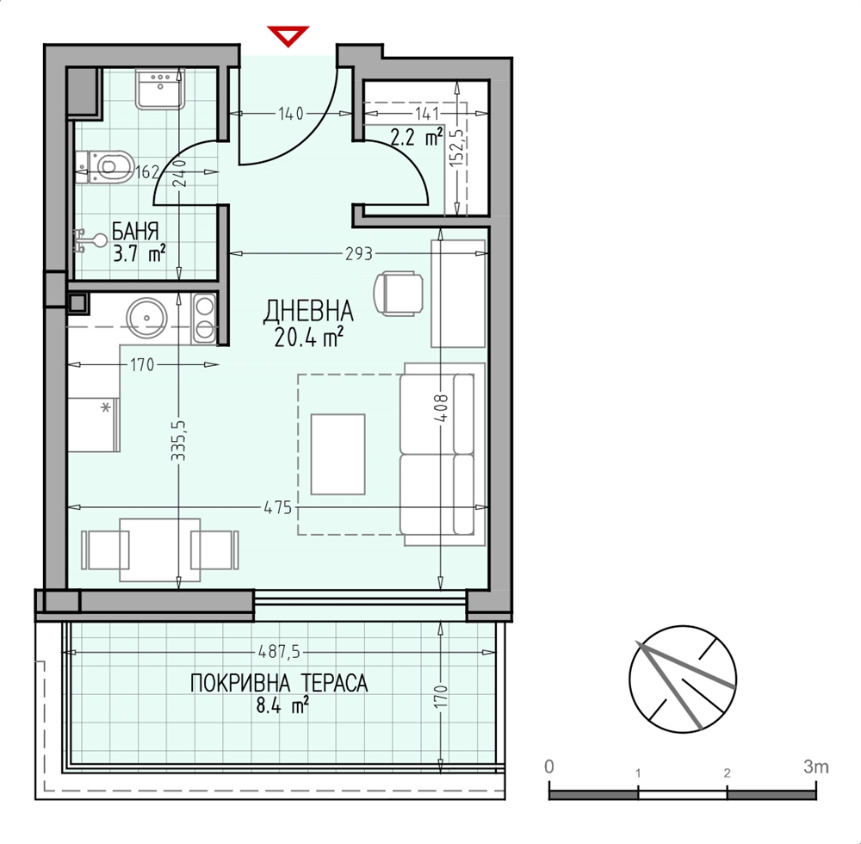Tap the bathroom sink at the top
pyautogui.click(x=160, y=89)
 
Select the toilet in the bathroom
pyautogui.click(x=105, y=166)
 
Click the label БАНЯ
pyautogui.click(x=136, y=231)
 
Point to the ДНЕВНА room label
pyautogui.click(x=308, y=312)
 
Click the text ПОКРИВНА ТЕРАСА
pyautogui.click(x=279, y=684)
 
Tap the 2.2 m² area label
pyautogui.click(x=416, y=138)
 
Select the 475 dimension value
pyautogui.click(x=278, y=507)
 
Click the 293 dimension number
pyautogui.click(x=358, y=254)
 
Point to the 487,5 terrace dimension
pyautogui.click(x=280, y=652)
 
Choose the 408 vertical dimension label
pyautogui.click(x=443, y=407)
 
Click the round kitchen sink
pyautogui.click(x=146, y=318)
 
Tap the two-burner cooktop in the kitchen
pyautogui.click(x=205, y=318)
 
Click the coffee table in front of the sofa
pyautogui.click(x=338, y=454)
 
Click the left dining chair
pyautogui.click(x=105, y=549)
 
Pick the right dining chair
pyautogui.click(x=214, y=549)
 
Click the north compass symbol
pyautogui.click(x=683, y=680)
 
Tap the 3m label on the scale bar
pyautogui.click(x=816, y=766)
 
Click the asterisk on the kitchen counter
pyautogui.click(x=107, y=408)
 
